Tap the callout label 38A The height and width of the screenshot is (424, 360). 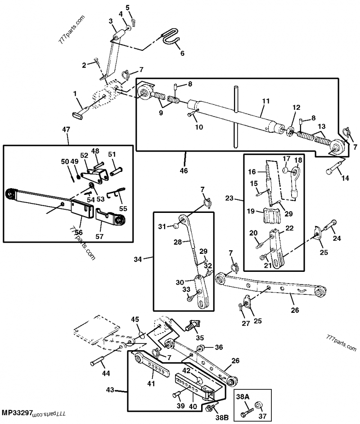(243, 397)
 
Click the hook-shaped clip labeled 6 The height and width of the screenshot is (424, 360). (171, 37)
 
